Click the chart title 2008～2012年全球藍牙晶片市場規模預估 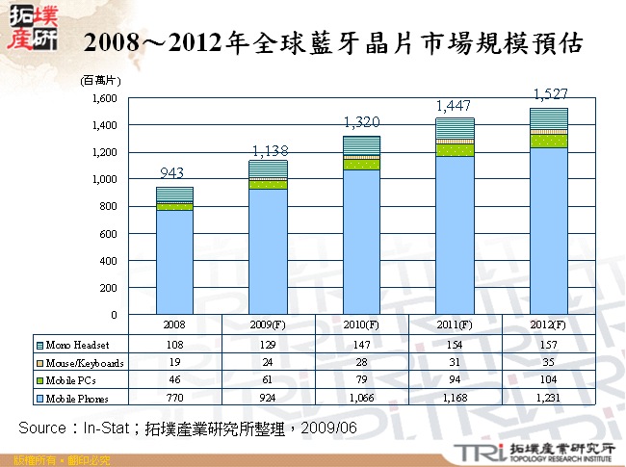pos(332,43)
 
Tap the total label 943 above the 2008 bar pos(171,173)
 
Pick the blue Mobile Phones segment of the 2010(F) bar pos(362,242)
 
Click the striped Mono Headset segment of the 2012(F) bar pos(549,118)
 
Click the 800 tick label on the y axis pos(107,206)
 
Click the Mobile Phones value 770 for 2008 pos(175,397)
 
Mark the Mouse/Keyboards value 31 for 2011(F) pos(456,362)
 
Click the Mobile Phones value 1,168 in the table pos(456,397)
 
